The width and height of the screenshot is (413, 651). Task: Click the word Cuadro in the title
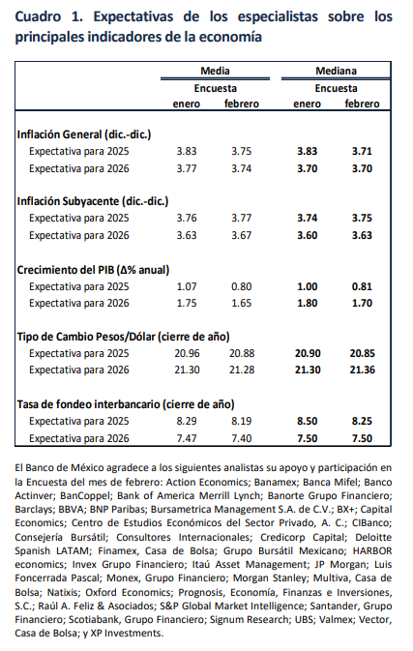tap(38, 16)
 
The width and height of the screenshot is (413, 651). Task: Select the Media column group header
tap(215, 71)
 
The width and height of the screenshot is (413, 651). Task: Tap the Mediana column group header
tap(336, 71)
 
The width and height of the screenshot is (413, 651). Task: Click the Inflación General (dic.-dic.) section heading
tap(84, 134)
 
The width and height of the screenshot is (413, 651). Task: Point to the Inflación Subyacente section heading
tap(93, 201)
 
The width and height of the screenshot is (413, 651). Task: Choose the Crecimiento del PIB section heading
tap(93, 270)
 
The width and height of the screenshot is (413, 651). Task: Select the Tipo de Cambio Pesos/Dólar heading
tap(123, 337)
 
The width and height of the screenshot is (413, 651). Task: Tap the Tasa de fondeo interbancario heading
tap(126, 404)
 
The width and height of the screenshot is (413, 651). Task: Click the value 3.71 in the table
tap(362, 151)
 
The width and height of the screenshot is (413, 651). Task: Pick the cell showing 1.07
tap(187, 286)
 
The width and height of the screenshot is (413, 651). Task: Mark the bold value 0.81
tap(362, 286)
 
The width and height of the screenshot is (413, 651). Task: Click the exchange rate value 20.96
tap(187, 353)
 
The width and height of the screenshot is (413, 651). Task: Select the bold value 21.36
tap(362, 370)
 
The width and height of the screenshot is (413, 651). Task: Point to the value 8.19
tap(242, 421)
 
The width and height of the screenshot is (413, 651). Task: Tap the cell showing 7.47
tap(187, 438)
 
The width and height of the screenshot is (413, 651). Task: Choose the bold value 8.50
tap(308, 421)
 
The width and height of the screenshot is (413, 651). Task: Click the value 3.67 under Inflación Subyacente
tap(242, 235)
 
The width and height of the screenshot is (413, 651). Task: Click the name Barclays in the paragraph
tap(31, 510)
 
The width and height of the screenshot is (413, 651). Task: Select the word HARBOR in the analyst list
tap(372, 550)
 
